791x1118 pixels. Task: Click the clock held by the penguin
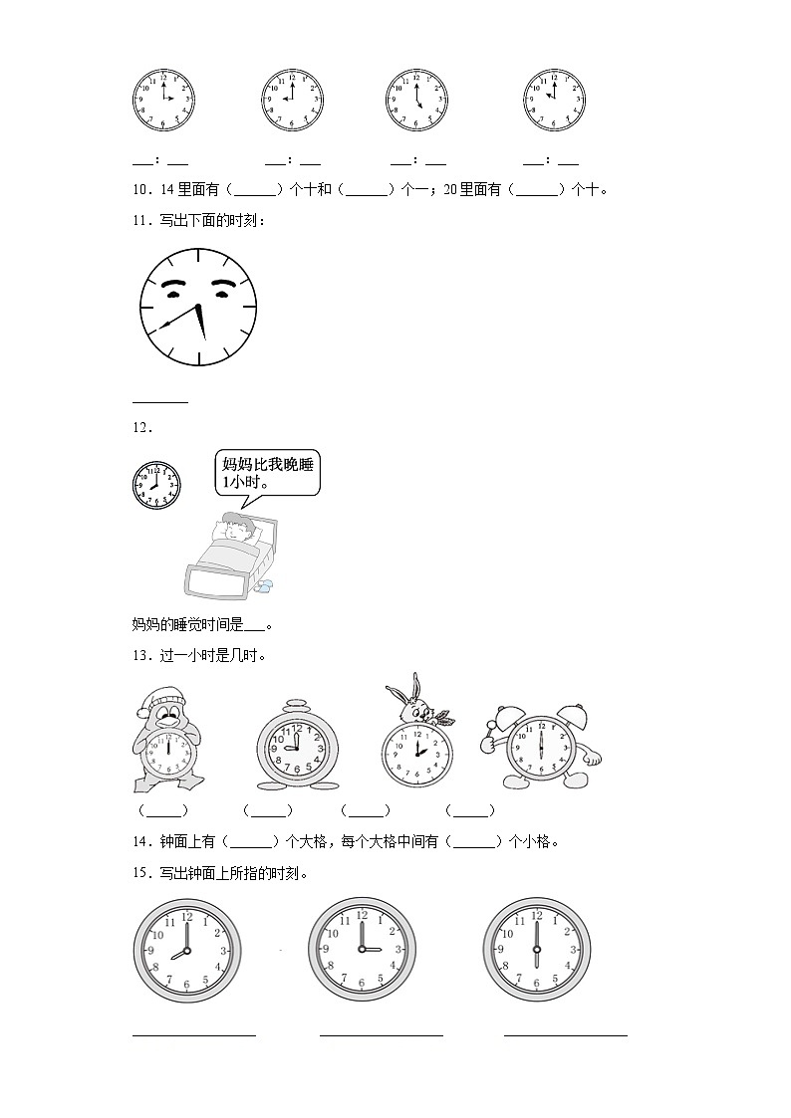tap(168, 754)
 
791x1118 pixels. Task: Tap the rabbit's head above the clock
tap(409, 704)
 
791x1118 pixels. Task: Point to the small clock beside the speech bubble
tap(156, 485)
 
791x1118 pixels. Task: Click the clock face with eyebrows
tap(197, 308)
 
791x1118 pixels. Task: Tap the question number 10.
tap(140, 189)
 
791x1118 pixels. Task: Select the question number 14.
tap(140, 841)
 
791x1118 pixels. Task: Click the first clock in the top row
tap(163, 101)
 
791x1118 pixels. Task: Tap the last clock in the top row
tap(554, 101)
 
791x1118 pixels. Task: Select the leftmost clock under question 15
tap(187, 951)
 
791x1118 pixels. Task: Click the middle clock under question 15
tap(362, 951)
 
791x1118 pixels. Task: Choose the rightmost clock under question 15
tap(536, 951)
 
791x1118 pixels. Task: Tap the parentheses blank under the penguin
tap(162, 810)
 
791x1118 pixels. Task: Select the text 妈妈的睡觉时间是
tap(187, 625)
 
